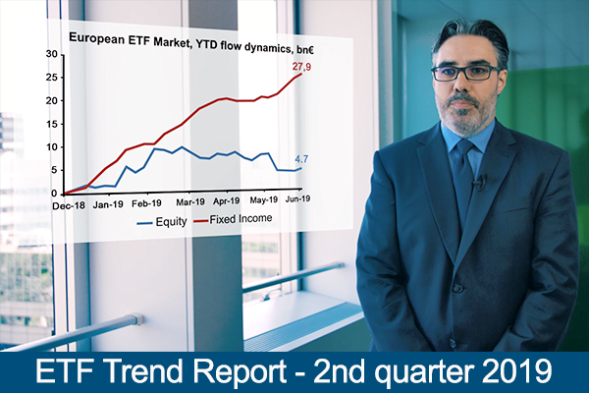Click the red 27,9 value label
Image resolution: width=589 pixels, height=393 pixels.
point(301,67)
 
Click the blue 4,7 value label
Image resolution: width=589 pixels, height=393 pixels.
point(301,159)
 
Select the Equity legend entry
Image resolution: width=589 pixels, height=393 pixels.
point(162,221)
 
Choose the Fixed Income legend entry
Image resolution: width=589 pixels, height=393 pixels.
point(233,219)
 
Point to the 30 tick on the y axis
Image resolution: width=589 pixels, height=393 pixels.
point(52,54)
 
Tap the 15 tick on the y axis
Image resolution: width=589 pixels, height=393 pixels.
point(52,124)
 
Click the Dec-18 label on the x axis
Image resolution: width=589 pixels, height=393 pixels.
point(69,205)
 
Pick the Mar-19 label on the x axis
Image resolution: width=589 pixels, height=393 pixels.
point(190,202)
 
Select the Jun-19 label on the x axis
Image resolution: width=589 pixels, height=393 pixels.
point(297,198)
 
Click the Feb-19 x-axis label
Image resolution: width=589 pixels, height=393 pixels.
point(146,203)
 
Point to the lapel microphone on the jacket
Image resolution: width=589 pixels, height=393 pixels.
point(479,182)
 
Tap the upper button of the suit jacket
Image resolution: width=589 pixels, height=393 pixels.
point(457,288)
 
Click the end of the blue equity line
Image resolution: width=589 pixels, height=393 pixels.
point(301,168)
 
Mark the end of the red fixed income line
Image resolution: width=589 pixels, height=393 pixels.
point(301,74)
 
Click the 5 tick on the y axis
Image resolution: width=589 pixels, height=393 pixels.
point(54,170)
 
